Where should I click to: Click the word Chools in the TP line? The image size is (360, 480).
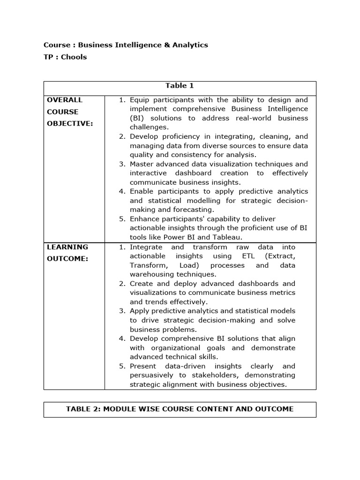click(74, 57)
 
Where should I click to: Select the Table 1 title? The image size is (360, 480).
click(180, 86)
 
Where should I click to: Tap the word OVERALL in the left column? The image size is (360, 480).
click(64, 100)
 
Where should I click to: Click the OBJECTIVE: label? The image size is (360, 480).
click(69, 123)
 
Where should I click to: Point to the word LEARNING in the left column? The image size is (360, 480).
click(67, 247)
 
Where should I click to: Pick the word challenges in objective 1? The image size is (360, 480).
click(149, 127)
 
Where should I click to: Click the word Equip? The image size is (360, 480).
click(139, 100)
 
